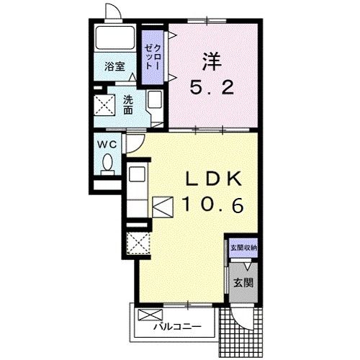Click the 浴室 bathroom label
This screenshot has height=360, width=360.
(114, 66)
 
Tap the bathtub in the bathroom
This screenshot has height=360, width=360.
(115, 37)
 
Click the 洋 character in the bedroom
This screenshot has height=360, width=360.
(212, 61)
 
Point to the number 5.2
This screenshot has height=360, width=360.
(212, 87)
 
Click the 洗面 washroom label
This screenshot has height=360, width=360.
(128, 105)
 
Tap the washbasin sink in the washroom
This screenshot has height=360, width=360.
(155, 99)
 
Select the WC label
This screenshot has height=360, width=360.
(107, 145)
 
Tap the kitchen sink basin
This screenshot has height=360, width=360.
(137, 174)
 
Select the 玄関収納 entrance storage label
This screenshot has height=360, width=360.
(243, 248)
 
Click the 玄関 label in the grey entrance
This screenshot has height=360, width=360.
(243, 283)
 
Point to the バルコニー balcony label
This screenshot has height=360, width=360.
(177, 326)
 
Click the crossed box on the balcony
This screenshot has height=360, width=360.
(150, 315)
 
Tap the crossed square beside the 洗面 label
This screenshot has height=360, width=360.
(104, 105)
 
